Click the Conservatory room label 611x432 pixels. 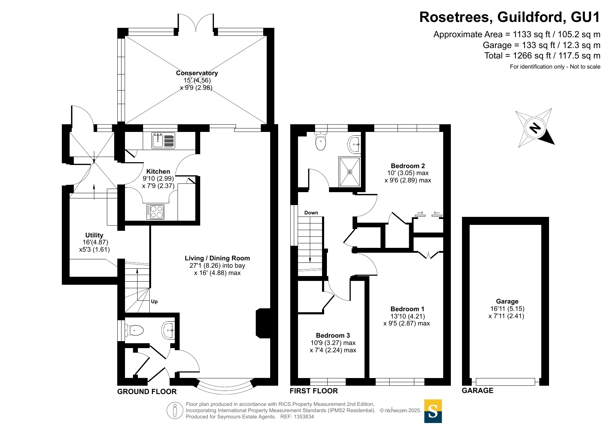pyautogui.click(x=197, y=73)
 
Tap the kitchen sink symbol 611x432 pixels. pyautogui.click(x=163, y=140)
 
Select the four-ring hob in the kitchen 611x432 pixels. pyautogui.click(x=155, y=212)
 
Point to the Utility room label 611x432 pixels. pyautogui.click(x=94, y=235)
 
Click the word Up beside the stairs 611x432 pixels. pyautogui.click(x=154, y=301)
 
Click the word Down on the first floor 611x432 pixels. pyautogui.click(x=311, y=213)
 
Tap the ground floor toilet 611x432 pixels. pyautogui.click(x=135, y=330)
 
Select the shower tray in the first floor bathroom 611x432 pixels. pyautogui.click(x=349, y=172)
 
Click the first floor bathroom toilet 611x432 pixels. pyautogui.click(x=321, y=141)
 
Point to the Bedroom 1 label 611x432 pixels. pyautogui.click(x=407, y=309)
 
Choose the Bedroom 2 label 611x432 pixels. pyautogui.click(x=408, y=166)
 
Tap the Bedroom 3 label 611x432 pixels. pyautogui.click(x=333, y=336)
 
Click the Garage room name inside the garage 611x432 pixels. pyautogui.click(x=507, y=301)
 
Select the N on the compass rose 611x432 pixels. pyautogui.click(x=535, y=128)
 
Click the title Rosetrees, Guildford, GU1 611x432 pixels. pyautogui.click(x=509, y=17)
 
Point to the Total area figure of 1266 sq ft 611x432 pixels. pyautogui.click(x=542, y=56)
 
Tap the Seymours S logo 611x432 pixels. pyautogui.click(x=433, y=411)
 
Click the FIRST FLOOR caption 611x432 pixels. pyautogui.click(x=314, y=391)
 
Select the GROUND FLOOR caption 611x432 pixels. pyautogui.click(x=147, y=392)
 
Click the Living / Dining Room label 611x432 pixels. pyautogui.click(x=217, y=258)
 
